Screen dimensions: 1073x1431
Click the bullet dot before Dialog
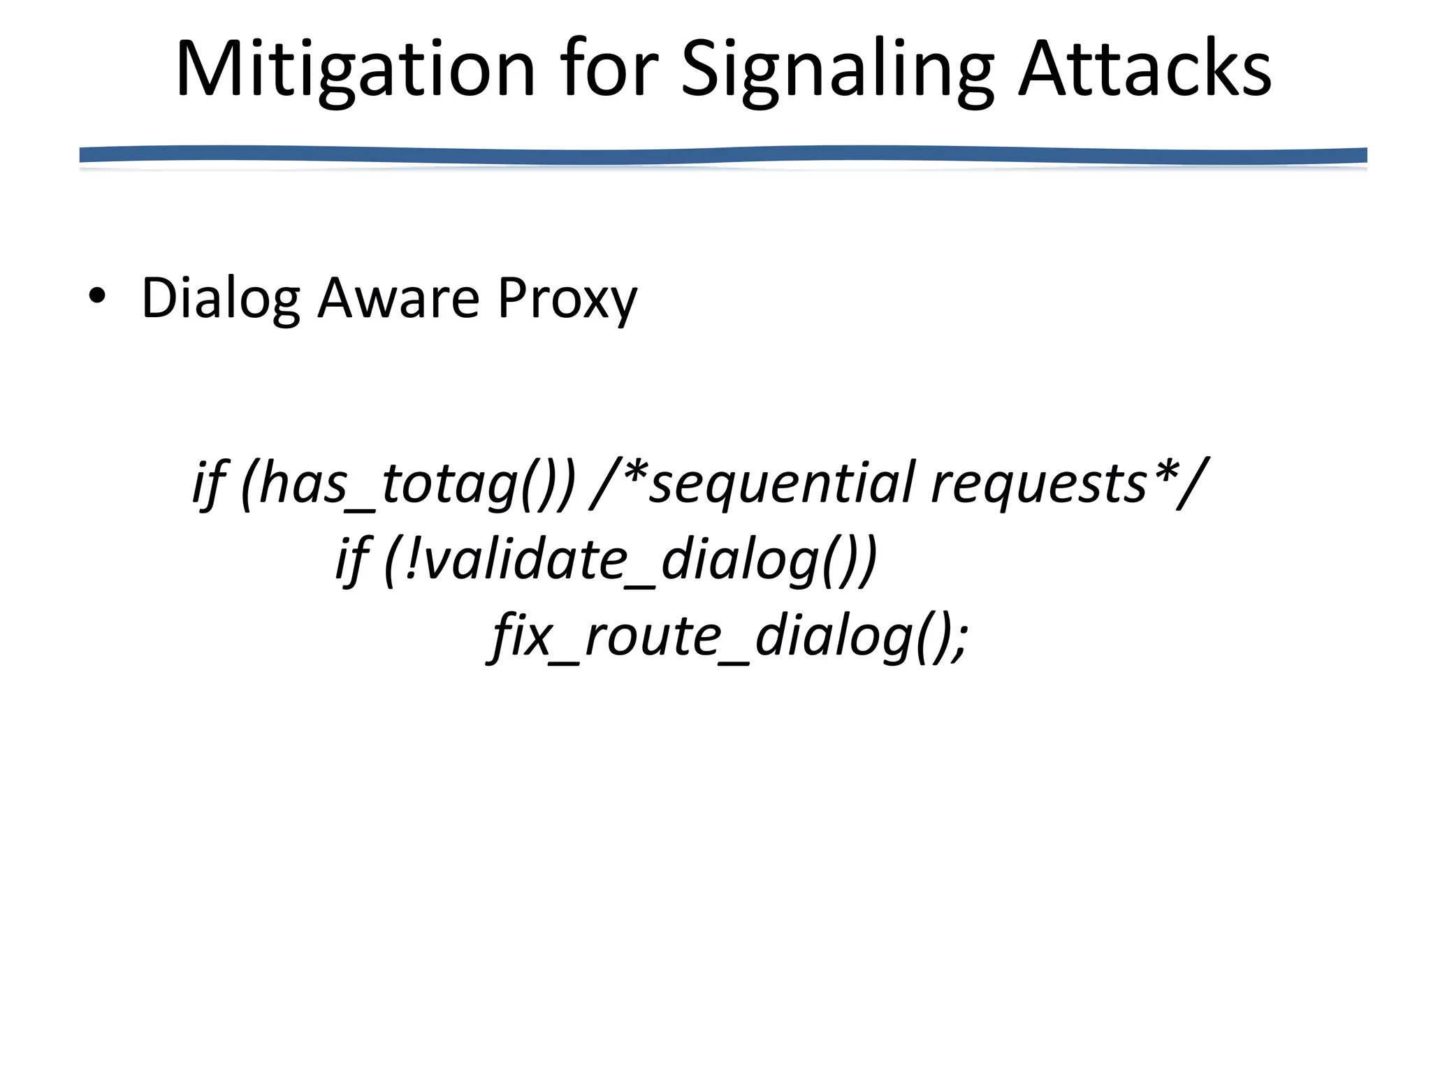coord(97,296)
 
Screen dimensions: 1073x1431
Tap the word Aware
coord(398,298)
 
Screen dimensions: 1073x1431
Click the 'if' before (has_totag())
coord(209,483)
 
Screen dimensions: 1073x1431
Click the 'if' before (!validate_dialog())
coord(352,560)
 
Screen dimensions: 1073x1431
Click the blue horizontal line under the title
coord(722,155)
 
